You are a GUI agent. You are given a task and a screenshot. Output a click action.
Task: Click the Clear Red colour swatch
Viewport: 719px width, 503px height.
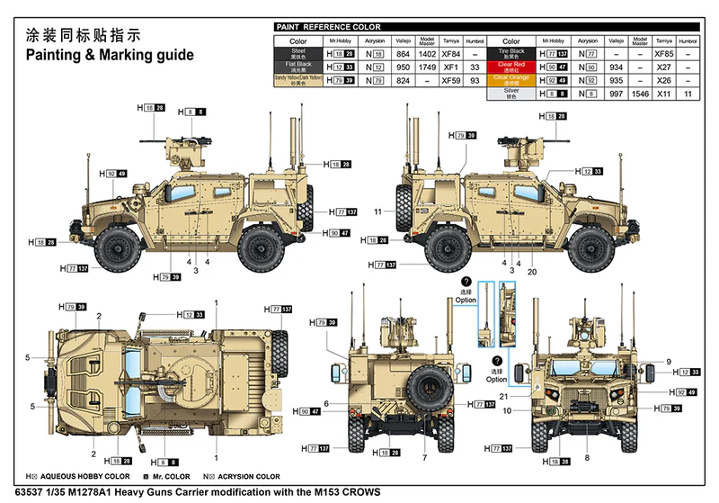coord(510,67)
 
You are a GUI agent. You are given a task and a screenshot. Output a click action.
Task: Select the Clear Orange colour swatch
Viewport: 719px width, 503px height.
coord(510,79)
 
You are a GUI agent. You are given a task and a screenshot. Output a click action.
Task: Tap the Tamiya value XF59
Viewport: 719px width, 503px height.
coord(451,80)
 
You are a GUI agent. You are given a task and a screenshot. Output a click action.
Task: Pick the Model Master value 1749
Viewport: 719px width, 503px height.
coord(427,67)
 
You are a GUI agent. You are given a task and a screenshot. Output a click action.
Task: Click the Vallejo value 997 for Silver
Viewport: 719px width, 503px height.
coord(615,93)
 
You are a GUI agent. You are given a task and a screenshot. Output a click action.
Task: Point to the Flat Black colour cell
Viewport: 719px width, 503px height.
coord(298,67)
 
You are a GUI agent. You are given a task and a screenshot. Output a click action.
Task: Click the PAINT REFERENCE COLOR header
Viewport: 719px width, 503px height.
coord(317,28)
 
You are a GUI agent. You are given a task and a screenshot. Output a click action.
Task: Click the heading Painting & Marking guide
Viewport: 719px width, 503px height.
coord(109,55)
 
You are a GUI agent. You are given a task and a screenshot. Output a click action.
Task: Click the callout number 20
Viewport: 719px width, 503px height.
coord(531,272)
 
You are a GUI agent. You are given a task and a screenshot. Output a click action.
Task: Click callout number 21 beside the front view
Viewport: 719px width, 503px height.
coord(504,397)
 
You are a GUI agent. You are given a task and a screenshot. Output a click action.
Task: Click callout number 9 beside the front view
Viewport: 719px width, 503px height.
coord(669,362)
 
